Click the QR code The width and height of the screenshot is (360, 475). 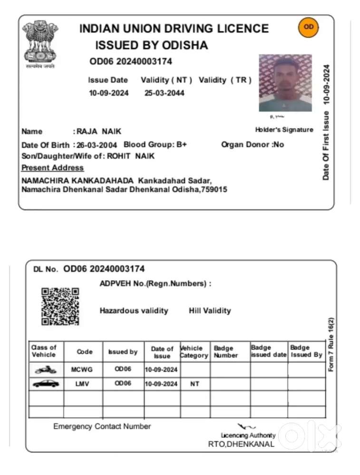click(x=60, y=307)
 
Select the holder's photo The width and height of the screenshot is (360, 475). click(x=285, y=83)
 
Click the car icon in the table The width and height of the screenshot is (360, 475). click(x=46, y=383)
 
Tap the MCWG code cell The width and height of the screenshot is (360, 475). click(x=83, y=369)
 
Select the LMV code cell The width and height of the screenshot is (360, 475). click(x=83, y=384)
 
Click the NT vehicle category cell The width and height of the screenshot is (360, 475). click(x=195, y=384)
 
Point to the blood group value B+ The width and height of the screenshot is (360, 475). click(x=182, y=145)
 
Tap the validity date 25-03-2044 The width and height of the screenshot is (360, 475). click(x=165, y=93)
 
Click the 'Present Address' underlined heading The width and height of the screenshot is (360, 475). click(x=53, y=168)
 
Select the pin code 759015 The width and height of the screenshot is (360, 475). click(x=214, y=190)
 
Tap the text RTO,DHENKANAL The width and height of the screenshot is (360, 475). click(x=241, y=444)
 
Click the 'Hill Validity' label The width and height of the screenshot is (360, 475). click(x=210, y=310)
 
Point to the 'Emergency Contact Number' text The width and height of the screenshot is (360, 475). click(x=102, y=426)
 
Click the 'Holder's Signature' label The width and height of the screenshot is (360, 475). click(x=284, y=130)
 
